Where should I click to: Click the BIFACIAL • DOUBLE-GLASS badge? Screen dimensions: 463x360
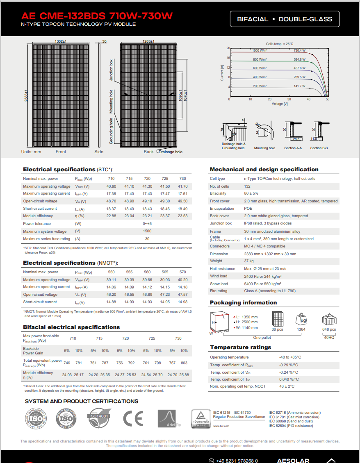click(285, 19)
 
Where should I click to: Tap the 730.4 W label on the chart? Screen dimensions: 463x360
click(299, 50)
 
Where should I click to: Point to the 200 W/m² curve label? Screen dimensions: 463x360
click(260, 86)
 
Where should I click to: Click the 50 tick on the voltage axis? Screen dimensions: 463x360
click(327, 99)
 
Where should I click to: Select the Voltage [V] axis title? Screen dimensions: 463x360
click(280, 104)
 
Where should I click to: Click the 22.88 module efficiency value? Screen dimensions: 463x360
click(111, 216)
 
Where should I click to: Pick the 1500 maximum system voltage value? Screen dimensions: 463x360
click(147, 231)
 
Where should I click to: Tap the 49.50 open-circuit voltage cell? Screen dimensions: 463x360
click(182, 201)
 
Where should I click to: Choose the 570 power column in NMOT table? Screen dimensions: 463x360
click(182, 272)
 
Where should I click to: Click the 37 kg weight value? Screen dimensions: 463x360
click(249, 261)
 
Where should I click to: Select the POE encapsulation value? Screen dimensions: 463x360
click(248, 209)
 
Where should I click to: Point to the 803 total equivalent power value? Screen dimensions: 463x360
click(184, 363)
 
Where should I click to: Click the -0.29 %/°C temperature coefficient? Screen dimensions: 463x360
click(289, 365)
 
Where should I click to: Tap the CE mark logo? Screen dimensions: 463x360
click(133, 418)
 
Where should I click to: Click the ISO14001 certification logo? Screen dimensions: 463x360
click(98, 418)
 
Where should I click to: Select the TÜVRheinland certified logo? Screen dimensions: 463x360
click(201, 418)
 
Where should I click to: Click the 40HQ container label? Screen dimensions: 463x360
click(329, 337)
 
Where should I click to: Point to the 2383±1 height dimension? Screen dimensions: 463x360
click(26, 95)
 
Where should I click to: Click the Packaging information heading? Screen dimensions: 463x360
click(243, 303)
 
